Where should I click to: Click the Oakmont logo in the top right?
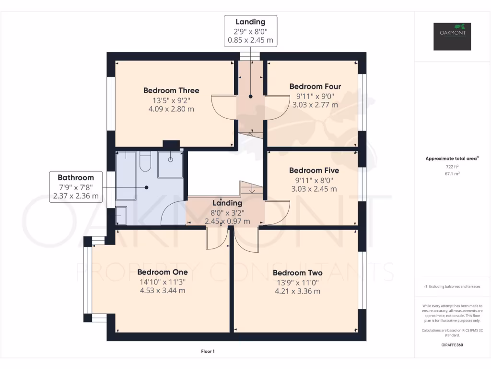coord(452,37)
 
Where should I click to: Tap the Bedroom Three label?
coord(171,90)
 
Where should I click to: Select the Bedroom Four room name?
coord(315,86)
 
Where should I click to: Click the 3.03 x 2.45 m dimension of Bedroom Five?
coord(314,189)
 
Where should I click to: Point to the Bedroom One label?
coord(162,272)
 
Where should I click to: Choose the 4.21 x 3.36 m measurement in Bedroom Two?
coord(297,291)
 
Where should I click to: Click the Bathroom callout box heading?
coord(76,177)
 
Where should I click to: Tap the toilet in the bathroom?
coord(145,162)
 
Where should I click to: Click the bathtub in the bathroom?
coord(126,176)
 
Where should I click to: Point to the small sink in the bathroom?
coord(121,215)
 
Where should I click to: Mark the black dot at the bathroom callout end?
coord(147,187)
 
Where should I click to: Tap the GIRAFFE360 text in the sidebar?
coord(452,345)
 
